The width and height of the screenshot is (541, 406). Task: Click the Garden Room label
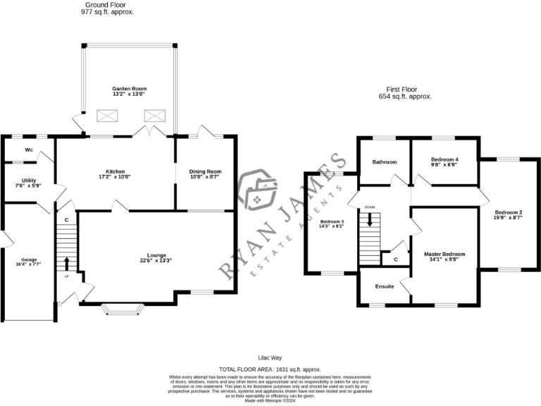pyautogui.click(x=129, y=89)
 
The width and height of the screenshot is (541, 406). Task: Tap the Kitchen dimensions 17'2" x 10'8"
pyautogui.click(x=116, y=178)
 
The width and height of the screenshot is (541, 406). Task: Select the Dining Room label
pyautogui.click(x=205, y=171)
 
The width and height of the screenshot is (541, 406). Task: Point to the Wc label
pyautogui.click(x=29, y=150)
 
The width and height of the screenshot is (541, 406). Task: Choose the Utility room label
pyautogui.click(x=29, y=180)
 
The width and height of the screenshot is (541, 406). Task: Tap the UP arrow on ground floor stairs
pyautogui.click(x=67, y=264)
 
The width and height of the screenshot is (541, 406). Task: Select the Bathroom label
pyautogui.click(x=385, y=162)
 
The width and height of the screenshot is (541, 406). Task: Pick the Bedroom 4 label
pyautogui.click(x=444, y=159)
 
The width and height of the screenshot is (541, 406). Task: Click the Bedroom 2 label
pyautogui.click(x=508, y=212)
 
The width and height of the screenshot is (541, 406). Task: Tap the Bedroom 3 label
pyautogui.click(x=331, y=222)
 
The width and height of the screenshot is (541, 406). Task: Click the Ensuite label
pyautogui.click(x=385, y=286)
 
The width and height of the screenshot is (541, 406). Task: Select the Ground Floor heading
pyautogui.click(x=106, y=5)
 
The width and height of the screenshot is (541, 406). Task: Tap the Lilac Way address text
pyautogui.click(x=270, y=358)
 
